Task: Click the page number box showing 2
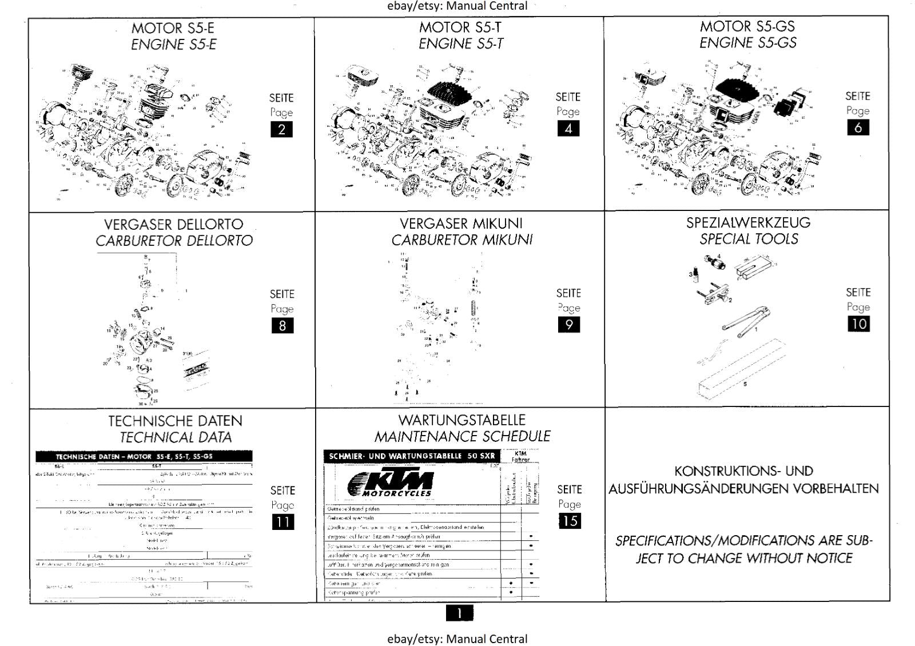281,130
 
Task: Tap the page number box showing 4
568,129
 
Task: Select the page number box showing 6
858,127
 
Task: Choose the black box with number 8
282,326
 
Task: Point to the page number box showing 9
568,325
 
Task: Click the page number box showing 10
858,324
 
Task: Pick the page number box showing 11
283,522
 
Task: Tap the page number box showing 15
569,521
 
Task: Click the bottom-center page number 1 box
459,613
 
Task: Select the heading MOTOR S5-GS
747,26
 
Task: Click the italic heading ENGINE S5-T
461,44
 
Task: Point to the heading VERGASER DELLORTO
173,224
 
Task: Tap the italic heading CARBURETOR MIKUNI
462,240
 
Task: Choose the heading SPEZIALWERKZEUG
748,222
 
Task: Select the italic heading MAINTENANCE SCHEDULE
462,437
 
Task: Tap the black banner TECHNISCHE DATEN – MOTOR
144,457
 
